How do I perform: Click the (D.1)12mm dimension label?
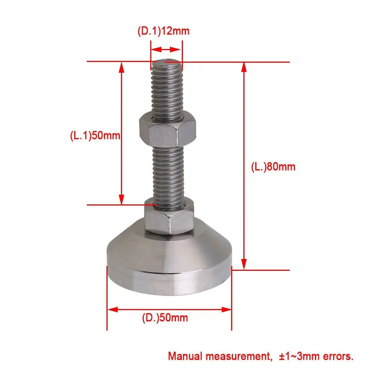click(x=164, y=31)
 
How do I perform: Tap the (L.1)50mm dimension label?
click(x=95, y=135)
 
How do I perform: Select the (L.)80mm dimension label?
click(x=273, y=167)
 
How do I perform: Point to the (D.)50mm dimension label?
click(x=165, y=318)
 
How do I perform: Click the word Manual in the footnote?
click(x=185, y=356)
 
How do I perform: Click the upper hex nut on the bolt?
click(x=168, y=129)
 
